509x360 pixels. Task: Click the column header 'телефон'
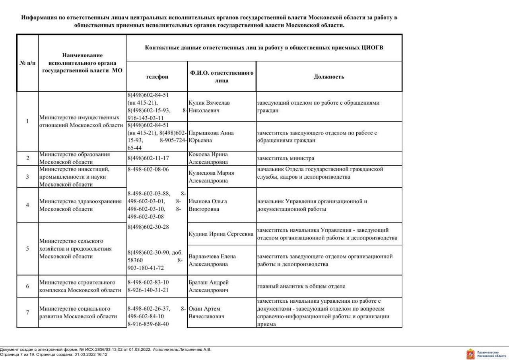(x=157, y=77)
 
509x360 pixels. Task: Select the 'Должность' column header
(x=328, y=77)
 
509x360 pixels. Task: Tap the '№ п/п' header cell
(x=27, y=63)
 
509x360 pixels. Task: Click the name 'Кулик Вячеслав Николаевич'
(x=209, y=107)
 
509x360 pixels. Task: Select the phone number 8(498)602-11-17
(x=146, y=158)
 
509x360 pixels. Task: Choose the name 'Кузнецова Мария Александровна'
(x=211, y=177)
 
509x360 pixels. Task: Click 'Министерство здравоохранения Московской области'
(x=80, y=205)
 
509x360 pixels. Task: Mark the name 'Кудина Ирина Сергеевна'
(x=221, y=234)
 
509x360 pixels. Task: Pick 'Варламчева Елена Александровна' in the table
(x=212, y=260)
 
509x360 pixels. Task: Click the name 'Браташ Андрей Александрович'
(x=209, y=286)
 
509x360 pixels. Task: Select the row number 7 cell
(x=27, y=312)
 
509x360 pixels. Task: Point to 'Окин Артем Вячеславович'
(x=205, y=312)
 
